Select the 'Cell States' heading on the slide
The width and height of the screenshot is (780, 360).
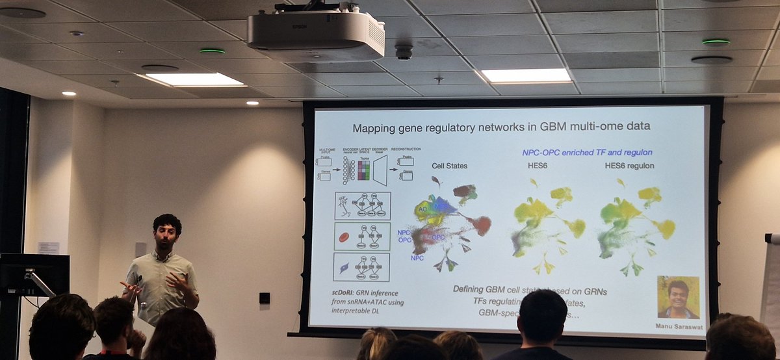(x=449, y=166)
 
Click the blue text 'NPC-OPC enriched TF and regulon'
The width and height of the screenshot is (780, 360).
(x=587, y=152)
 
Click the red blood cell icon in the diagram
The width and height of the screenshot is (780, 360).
(x=344, y=237)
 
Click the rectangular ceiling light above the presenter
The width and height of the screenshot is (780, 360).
(x=194, y=79)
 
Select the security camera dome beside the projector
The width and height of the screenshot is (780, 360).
(x=404, y=51)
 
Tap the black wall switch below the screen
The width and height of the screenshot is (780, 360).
(x=265, y=298)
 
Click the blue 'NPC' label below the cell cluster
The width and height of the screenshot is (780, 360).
(x=417, y=258)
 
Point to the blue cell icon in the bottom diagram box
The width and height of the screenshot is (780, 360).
(x=344, y=267)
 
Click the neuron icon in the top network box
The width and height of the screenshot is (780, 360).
(x=344, y=207)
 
